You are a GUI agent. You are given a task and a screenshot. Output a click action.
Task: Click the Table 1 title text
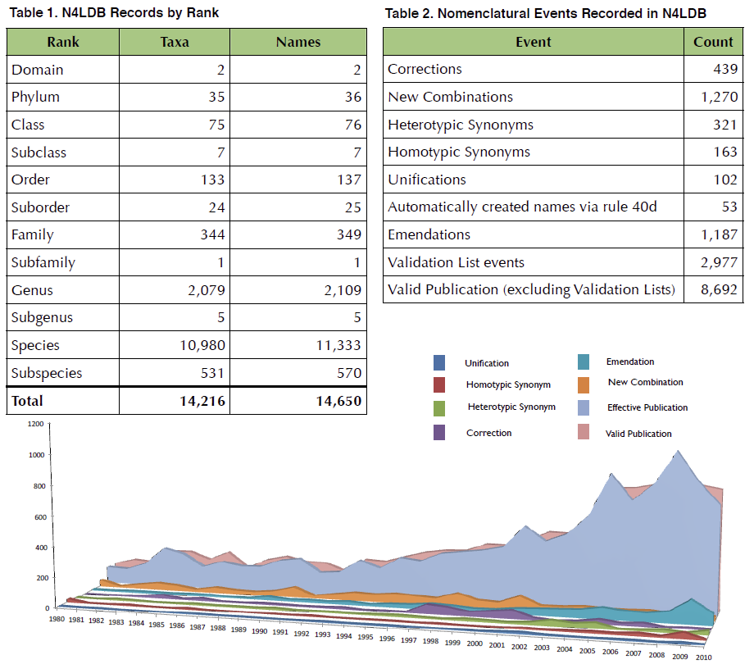tap(113, 14)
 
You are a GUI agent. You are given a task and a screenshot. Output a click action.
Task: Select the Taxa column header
tap(175, 42)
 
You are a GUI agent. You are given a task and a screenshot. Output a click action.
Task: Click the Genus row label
tap(32, 290)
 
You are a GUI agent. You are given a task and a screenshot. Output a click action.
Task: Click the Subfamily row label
tap(43, 262)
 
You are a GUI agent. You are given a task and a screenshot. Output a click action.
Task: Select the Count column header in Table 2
tap(713, 42)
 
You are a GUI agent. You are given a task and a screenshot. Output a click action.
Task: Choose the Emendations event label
tap(429, 234)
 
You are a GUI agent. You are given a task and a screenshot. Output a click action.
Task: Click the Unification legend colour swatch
tap(440, 362)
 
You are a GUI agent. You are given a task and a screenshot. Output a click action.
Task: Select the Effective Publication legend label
tap(647, 407)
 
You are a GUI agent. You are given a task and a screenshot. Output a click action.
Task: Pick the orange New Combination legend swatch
tap(584, 384)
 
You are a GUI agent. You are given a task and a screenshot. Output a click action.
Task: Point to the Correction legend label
tap(488, 433)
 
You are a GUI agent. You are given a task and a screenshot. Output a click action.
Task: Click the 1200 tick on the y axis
tap(34, 424)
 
